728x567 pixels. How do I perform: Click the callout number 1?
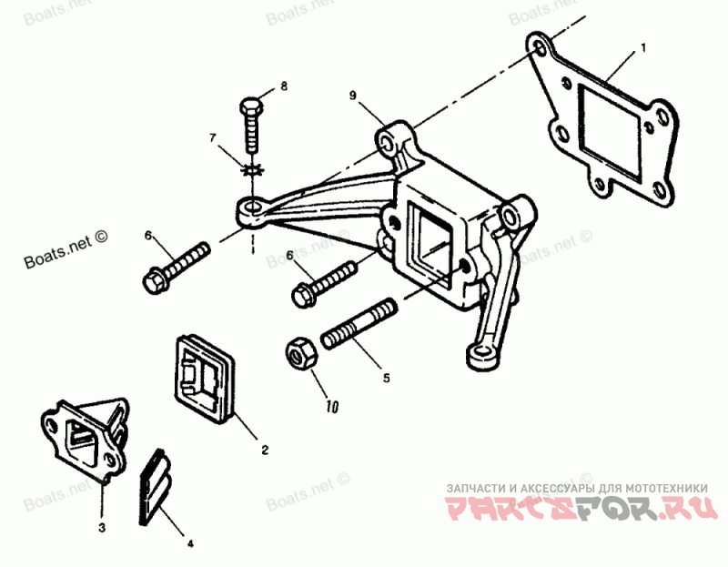tap(643, 46)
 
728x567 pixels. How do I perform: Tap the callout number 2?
tap(265, 450)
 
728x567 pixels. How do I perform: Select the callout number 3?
tap(102, 527)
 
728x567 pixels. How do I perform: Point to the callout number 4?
tap(190, 544)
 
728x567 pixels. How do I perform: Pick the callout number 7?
tap(214, 138)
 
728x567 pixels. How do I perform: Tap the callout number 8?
tap(283, 86)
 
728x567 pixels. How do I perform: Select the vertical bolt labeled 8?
tap(252, 127)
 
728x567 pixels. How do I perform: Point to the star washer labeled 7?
tap(251, 169)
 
